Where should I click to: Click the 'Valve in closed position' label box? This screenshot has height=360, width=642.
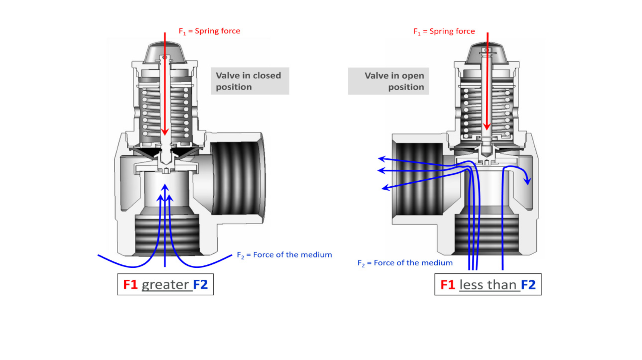(x=250, y=81)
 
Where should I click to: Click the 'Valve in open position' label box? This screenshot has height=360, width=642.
(x=388, y=81)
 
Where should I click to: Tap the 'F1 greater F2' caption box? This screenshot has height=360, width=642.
(x=165, y=284)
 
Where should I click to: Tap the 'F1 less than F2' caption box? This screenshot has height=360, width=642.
(x=488, y=285)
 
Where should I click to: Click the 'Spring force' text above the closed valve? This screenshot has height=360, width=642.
(x=217, y=31)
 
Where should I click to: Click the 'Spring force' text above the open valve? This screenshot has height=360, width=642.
(x=452, y=31)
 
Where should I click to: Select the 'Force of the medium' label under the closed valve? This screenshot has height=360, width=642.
(x=292, y=255)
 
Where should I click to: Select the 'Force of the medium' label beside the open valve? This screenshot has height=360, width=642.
(x=413, y=263)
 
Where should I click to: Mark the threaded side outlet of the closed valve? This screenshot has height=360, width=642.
(x=237, y=177)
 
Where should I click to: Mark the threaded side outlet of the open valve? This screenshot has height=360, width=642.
(x=418, y=179)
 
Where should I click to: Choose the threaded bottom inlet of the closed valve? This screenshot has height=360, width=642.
(x=167, y=234)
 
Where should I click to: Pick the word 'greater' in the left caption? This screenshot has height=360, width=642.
(x=165, y=285)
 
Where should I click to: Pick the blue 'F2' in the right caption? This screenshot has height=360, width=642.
(x=528, y=285)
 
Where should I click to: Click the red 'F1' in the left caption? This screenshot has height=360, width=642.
(x=130, y=285)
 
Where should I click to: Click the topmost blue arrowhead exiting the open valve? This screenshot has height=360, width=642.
(x=381, y=159)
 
